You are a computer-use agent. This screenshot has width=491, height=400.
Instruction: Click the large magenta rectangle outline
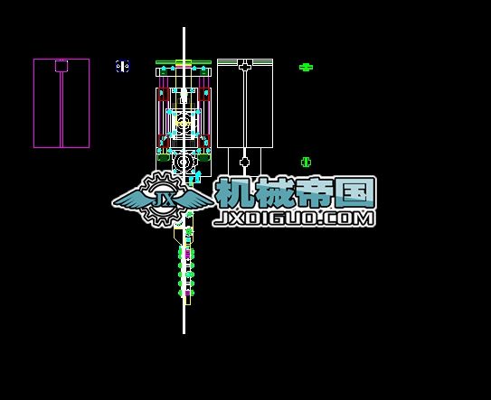coord(33,103)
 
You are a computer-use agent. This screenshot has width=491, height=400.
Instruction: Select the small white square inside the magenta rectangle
coord(61,66)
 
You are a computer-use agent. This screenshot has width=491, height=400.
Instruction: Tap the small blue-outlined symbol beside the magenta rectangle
coord(122,66)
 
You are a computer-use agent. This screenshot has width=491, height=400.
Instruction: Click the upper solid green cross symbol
coord(306,67)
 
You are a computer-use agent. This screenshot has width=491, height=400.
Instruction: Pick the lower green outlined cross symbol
coord(306,162)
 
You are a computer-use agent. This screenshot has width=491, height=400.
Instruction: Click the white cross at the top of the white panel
coord(245,67)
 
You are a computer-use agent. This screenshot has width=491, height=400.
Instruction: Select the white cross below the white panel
coord(244,162)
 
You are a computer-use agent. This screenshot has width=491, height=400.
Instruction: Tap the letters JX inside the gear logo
coord(164,200)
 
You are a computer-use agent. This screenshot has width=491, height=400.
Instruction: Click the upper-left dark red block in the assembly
coord(163,95)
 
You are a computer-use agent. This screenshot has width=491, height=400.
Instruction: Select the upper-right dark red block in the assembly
coord(204,95)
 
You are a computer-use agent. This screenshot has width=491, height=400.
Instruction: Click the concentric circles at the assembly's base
coord(184,162)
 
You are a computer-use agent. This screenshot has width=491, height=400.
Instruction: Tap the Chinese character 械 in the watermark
coord(274,192)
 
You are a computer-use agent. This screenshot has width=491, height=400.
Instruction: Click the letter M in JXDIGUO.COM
coord(365,219)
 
